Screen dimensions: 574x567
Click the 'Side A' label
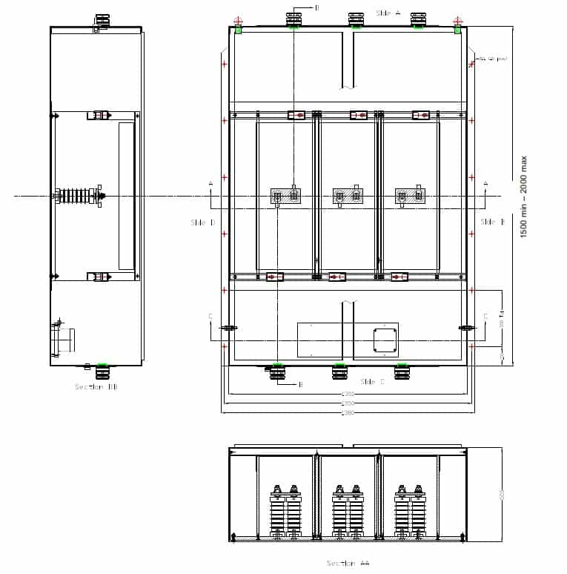coord(388,13)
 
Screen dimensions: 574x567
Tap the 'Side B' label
coord(492,222)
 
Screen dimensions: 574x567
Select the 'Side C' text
coord(372,381)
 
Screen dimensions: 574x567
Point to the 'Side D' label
coord(202,222)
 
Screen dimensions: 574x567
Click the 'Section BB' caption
coord(96,386)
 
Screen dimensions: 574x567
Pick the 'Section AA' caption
coord(348,563)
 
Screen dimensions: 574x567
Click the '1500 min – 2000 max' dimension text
coord(524,197)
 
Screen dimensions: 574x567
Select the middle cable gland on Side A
coord(356,19)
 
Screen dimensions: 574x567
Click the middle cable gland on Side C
coord(339,371)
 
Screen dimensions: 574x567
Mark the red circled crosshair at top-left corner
coord(238,21)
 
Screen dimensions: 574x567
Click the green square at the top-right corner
coord(457,30)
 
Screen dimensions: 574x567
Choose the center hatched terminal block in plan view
coord(348,197)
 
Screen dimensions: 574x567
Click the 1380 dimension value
coord(348,413)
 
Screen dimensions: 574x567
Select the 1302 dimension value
coord(348,394)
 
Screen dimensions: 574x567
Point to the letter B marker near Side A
coord(316,7)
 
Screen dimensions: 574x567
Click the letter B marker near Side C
coord(300,384)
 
